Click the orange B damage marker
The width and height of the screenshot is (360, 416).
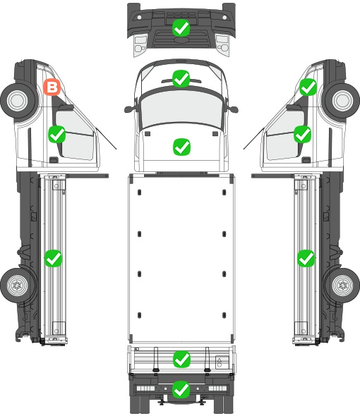[52, 87]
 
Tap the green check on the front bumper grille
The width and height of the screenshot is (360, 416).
[181, 28]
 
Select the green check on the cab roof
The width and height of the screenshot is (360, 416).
[181, 78]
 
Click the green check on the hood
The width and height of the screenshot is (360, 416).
[181, 147]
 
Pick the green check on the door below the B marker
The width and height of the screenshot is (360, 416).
[57, 134]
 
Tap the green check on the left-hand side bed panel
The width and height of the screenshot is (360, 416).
[53, 258]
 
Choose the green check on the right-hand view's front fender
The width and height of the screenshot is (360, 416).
[308, 87]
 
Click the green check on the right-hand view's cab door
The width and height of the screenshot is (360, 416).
[302, 134]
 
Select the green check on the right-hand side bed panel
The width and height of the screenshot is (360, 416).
[306, 258]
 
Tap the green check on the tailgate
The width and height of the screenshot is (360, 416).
[181, 359]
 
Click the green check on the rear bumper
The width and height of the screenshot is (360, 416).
[181, 389]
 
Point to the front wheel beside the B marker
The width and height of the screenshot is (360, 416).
[18, 101]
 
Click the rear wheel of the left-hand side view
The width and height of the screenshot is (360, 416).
[18, 286]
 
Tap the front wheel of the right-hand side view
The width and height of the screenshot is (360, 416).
[342, 101]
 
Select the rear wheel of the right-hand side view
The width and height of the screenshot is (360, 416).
[342, 286]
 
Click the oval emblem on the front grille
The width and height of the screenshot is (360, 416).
[181, 39]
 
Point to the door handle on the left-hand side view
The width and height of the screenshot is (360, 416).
[54, 160]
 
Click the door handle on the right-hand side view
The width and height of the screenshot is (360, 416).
[306, 160]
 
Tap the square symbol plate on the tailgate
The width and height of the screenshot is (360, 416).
[222, 362]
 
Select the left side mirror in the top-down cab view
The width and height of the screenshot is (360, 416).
[128, 109]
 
